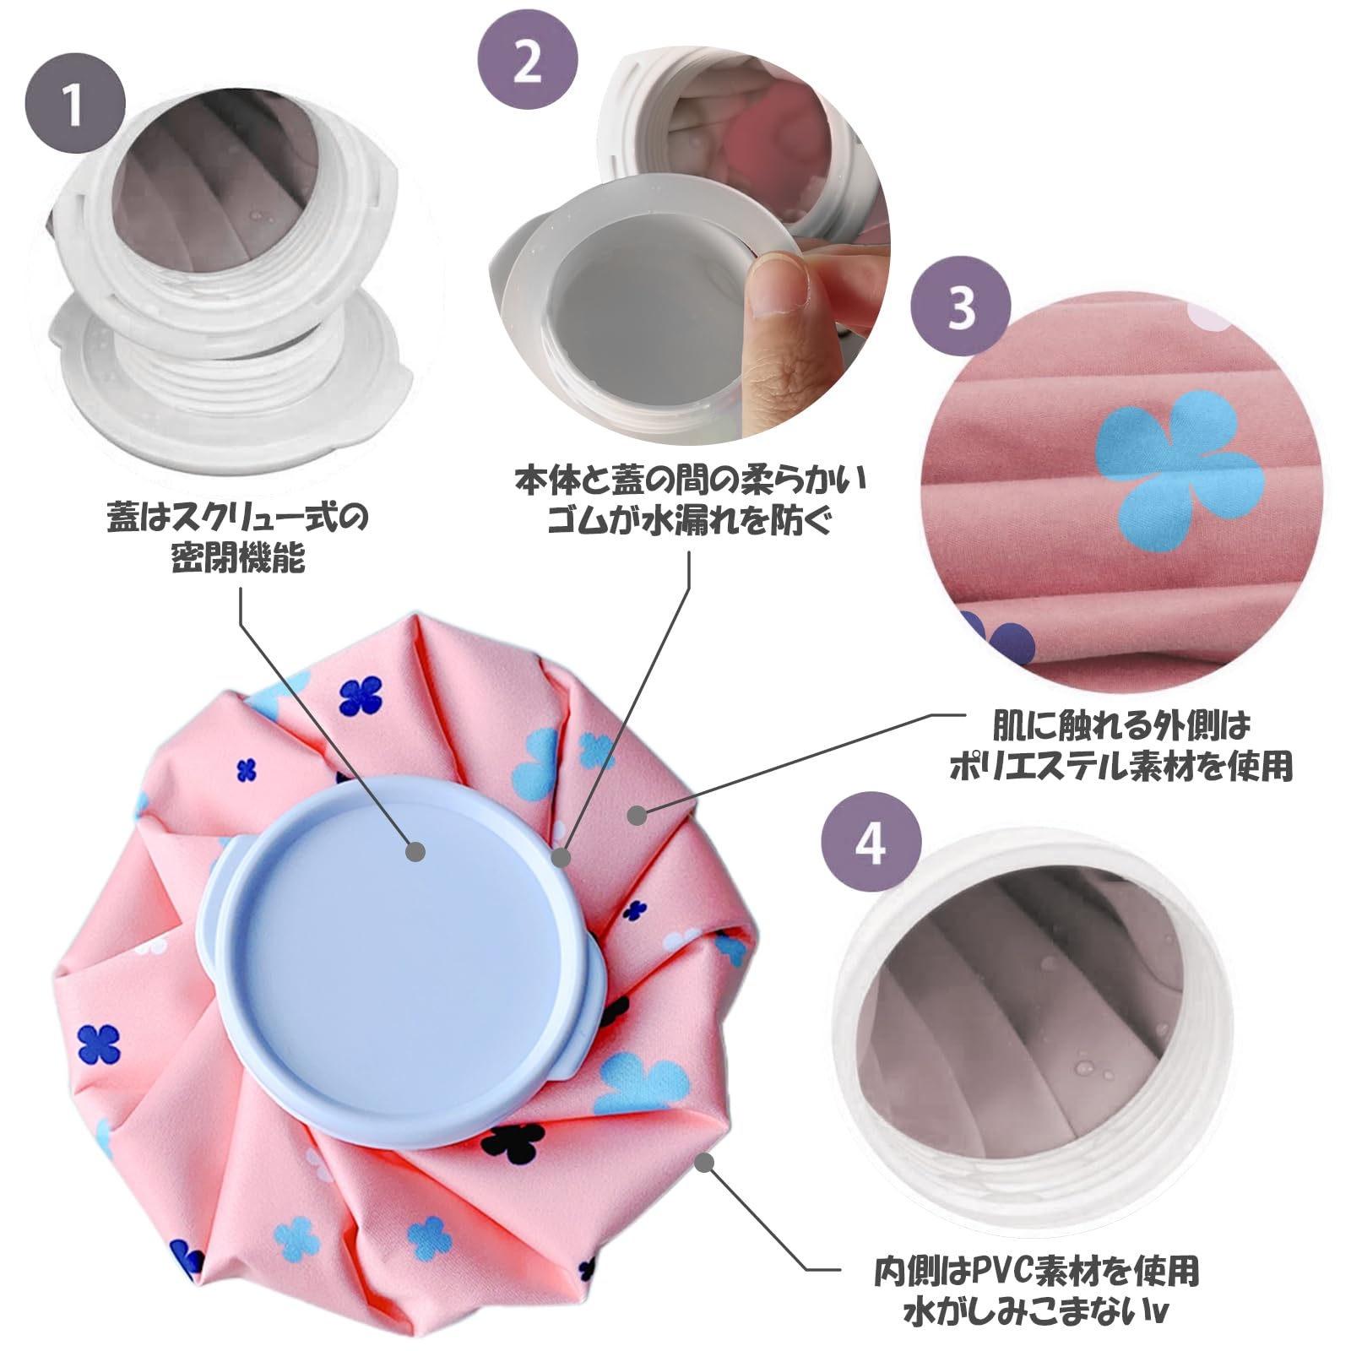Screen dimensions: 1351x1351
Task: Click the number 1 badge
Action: click(x=74, y=103)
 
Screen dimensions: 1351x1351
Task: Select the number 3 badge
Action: click(x=961, y=306)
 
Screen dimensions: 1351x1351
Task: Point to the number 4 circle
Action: click(x=871, y=841)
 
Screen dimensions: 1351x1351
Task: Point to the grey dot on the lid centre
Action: click(x=415, y=851)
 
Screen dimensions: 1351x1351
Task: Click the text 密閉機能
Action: click(x=238, y=558)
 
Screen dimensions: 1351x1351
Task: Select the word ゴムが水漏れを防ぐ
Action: click(x=690, y=520)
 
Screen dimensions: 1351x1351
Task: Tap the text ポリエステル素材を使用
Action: click(x=1120, y=766)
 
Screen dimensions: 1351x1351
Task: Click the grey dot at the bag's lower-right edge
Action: click(x=704, y=1164)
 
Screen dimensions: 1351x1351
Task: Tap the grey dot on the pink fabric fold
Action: click(x=638, y=815)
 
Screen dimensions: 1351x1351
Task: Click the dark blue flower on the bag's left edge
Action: click(x=99, y=1044)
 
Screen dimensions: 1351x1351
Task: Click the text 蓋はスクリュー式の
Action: click(x=238, y=517)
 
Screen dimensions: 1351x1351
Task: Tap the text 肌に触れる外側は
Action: click(x=1120, y=725)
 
